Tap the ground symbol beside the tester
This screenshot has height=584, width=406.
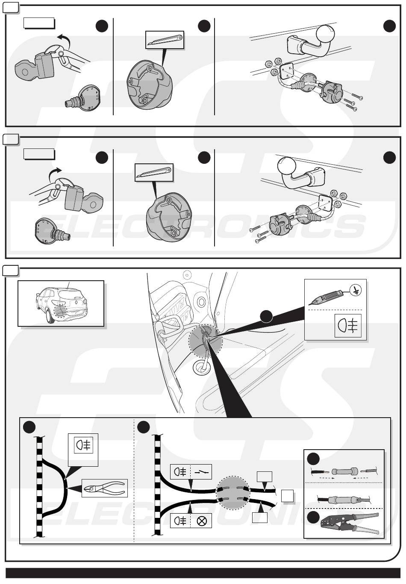click(x=355, y=291)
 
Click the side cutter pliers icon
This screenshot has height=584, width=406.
click(x=105, y=488)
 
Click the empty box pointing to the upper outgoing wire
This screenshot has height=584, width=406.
click(x=264, y=476)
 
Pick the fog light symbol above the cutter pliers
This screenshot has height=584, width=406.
click(x=83, y=445)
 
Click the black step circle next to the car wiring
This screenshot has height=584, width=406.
click(x=267, y=316)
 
